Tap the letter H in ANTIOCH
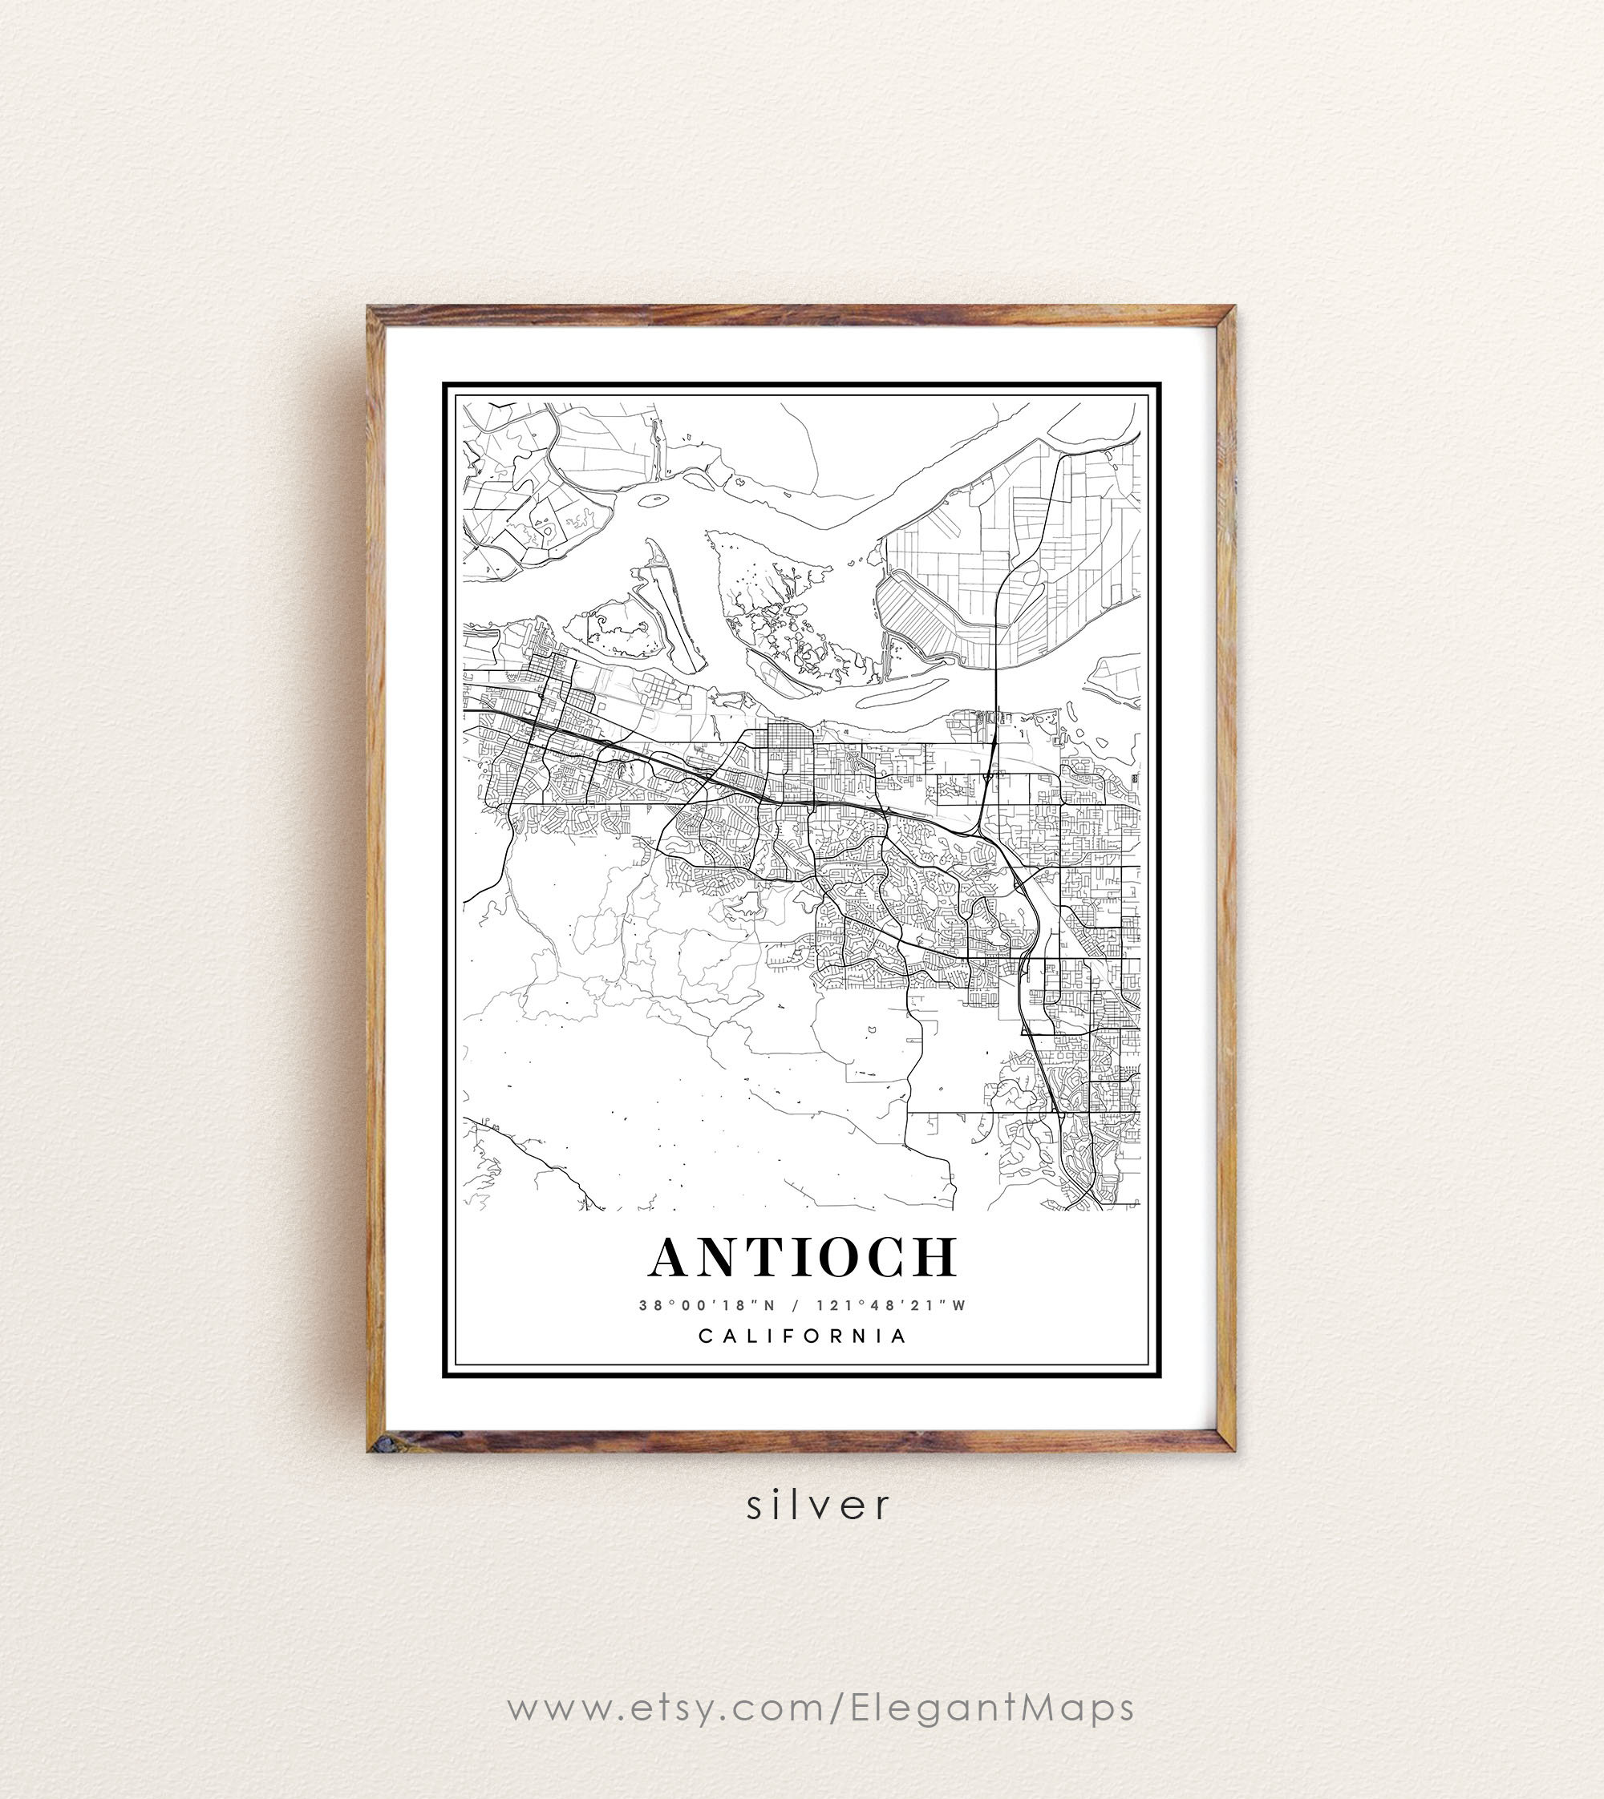pos(934,1259)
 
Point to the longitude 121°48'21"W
pos(891,1306)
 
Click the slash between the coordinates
pos(796,1306)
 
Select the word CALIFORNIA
pos(803,1336)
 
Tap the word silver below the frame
pos(819,1505)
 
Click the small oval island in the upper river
pos(652,500)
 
